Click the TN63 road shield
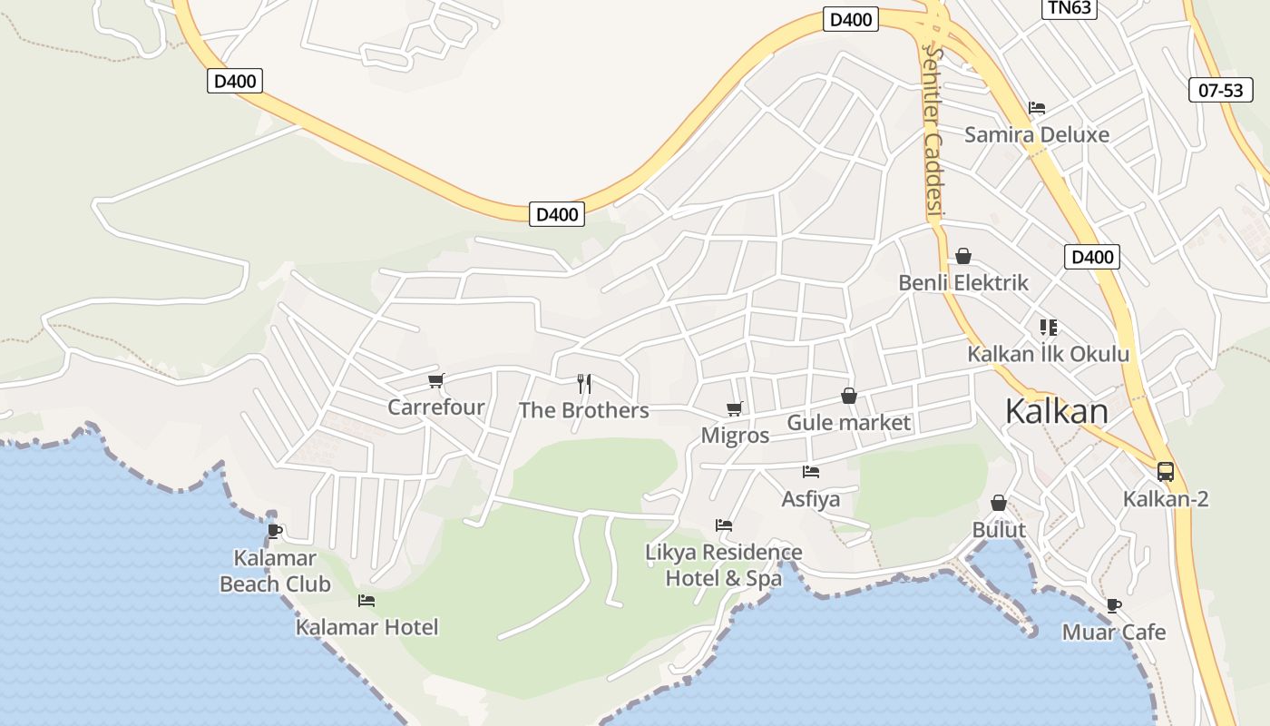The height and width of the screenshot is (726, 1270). click(x=1070, y=8)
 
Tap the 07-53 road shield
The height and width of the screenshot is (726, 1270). click(x=1220, y=90)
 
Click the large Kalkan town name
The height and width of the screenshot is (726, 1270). click(x=1056, y=411)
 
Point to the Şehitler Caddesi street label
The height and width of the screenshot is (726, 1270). click(x=933, y=132)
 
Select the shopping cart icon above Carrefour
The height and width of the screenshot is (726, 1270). click(x=435, y=380)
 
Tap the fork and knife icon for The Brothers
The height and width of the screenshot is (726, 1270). click(x=584, y=383)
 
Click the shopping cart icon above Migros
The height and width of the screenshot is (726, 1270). click(x=734, y=409)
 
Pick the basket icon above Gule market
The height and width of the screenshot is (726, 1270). click(x=849, y=396)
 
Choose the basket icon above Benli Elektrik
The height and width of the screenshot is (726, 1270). click(x=963, y=256)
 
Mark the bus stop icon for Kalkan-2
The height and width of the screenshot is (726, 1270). click(x=1166, y=472)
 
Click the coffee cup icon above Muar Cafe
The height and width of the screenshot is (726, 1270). click(x=1114, y=605)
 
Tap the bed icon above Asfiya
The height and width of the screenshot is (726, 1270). click(x=811, y=472)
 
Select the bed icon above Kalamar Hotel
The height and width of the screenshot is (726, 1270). click(x=366, y=600)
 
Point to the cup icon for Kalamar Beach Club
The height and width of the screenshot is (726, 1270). click(x=275, y=531)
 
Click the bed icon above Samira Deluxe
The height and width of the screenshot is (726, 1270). click(x=1037, y=108)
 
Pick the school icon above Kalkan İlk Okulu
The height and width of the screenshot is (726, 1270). click(x=1049, y=327)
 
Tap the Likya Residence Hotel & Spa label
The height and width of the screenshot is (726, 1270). click(x=724, y=564)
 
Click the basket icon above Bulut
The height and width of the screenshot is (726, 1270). click(x=999, y=503)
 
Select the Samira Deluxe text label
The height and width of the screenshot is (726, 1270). click(x=1037, y=134)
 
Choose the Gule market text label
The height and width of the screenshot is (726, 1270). click(x=848, y=422)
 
